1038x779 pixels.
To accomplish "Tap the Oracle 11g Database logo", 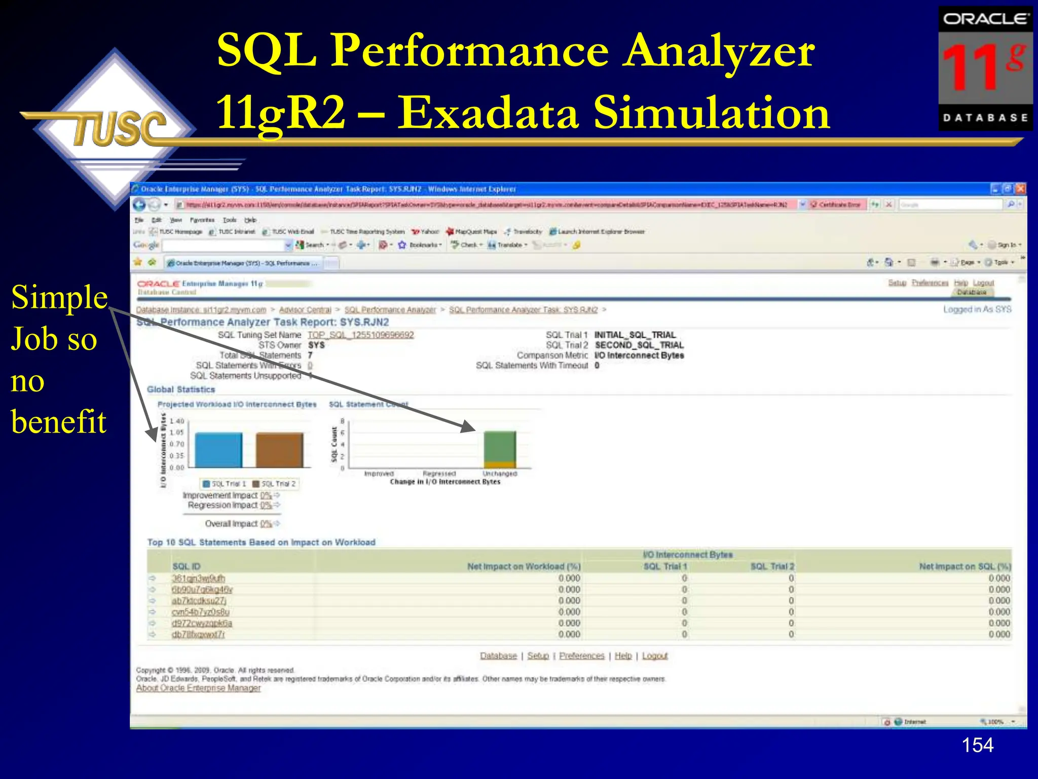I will [x=985, y=68].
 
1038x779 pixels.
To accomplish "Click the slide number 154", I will [x=977, y=745].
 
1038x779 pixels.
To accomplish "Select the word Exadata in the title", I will [x=487, y=113].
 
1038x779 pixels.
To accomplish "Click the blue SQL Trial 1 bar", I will [x=218, y=450].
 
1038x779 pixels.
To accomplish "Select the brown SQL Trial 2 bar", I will [x=279, y=450].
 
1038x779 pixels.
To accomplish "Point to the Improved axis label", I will [x=379, y=473].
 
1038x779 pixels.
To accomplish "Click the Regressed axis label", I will [x=439, y=473].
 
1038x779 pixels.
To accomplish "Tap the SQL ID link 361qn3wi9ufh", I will [x=198, y=578].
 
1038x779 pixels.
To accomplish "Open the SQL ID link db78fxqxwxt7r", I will [x=198, y=634].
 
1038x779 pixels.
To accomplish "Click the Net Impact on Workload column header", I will [x=524, y=566].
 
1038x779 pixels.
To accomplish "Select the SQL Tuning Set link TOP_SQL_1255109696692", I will [x=360, y=335].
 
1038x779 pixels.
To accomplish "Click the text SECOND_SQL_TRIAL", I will [x=639, y=345].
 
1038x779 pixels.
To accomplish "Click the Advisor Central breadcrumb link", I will [x=305, y=309].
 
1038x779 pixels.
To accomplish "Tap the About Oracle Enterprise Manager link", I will [x=198, y=688].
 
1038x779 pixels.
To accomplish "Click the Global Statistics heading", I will [x=181, y=389].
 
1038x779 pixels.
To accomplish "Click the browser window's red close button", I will [x=1020, y=189].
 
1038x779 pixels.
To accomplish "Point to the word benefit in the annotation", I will [x=59, y=421].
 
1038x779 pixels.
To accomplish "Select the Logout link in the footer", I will [x=655, y=656].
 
